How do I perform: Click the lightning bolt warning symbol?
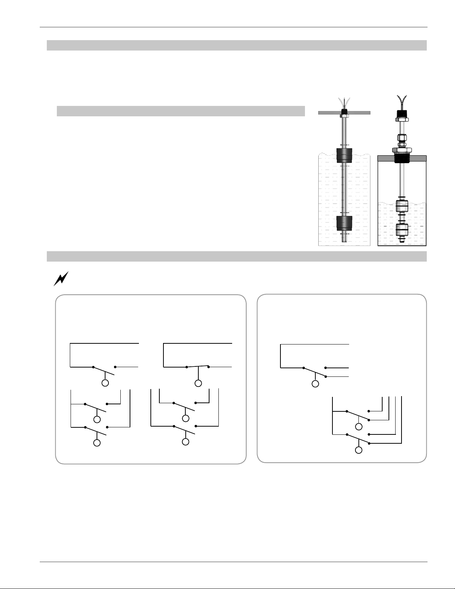[61, 278]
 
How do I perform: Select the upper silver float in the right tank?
[402, 206]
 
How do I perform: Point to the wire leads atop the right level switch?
[402, 100]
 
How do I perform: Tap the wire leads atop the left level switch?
[344, 102]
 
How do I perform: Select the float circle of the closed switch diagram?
[198, 383]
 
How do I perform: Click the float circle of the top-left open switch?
[105, 383]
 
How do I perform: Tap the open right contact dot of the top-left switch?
[115, 367]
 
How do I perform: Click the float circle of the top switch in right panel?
[315, 384]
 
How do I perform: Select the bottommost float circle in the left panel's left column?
[97, 443]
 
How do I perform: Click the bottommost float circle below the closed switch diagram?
[185, 441]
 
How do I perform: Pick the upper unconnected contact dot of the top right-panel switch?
[325, 368]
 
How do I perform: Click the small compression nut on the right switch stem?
[402, 138]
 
